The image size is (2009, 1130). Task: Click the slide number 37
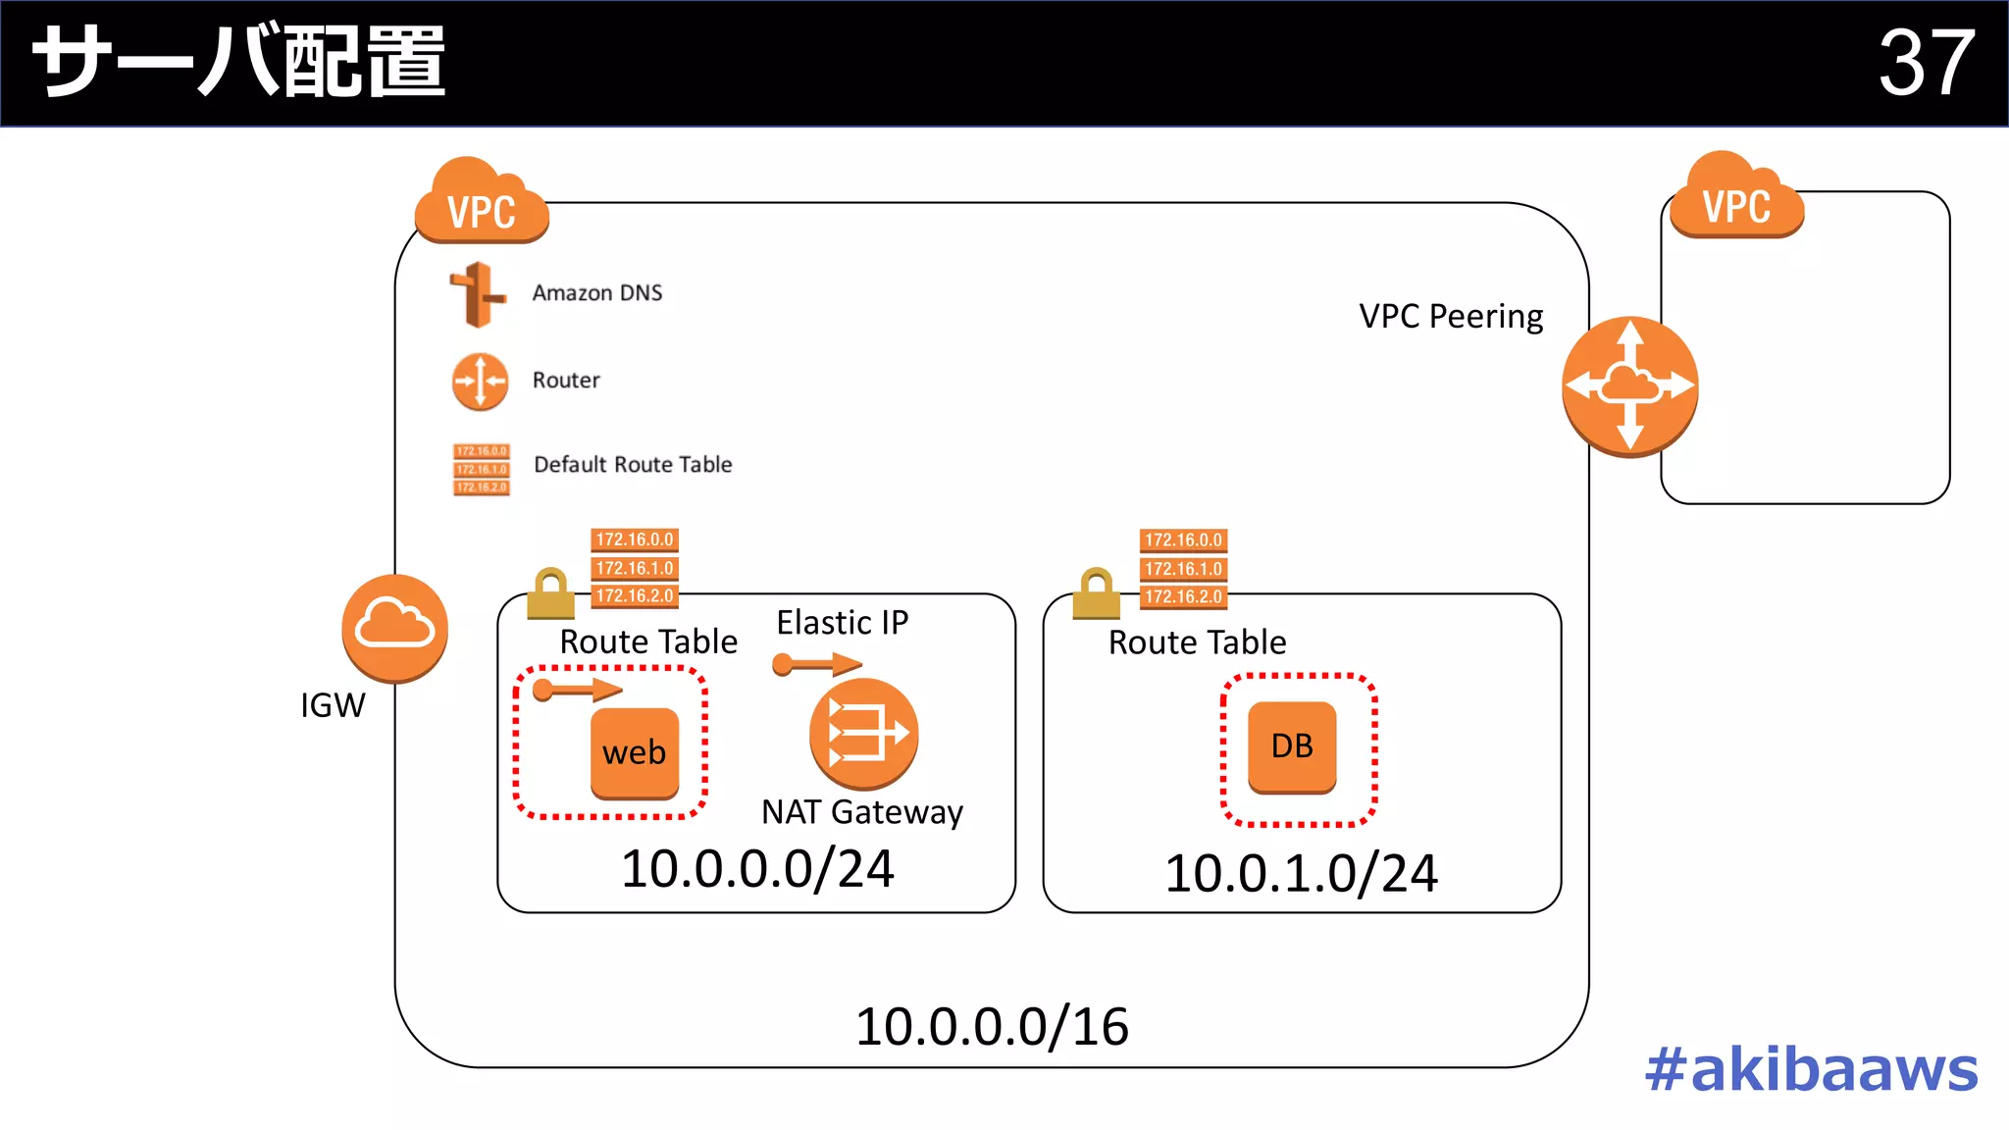pyautogui.click(x=1926, y=63)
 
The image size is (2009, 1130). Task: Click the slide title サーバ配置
pyautogui.click(x=239, y=63)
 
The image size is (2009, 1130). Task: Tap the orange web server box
pyautogui.click(x=635, y=752)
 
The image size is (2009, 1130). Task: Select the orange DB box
pyautogui.click(x=1292, y=746)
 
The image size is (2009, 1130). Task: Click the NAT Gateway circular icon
pyautogui.click(x=863, y=734)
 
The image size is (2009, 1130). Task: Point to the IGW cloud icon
pyautogui.click(x=394, y=628)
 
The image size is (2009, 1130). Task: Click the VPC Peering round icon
pyautogui.click(x=1629, y=386)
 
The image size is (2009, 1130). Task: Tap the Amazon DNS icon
pyautogui.click(x=478, y=293)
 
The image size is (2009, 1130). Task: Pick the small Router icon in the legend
pyautogui.click(x=480, y=381)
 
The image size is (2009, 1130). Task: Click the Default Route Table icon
pyautogui.click(x=481, y=469)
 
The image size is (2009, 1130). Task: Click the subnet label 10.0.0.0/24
pyautogui.click(x=757, y=869)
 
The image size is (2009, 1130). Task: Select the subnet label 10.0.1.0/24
pyautogui.click(x=1301, y=873)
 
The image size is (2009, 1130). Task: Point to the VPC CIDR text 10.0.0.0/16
pyautogui.click(x=992, y=1027)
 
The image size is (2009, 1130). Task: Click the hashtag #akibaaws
pyautogui.click(x=1811, y=1069)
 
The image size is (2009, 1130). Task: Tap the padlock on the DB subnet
pyautogui.click(x=1096, y=593)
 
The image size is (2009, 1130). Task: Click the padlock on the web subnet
pyautogui.click(x=550, y=593)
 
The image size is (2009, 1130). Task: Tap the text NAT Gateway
pyautogui.click(x=862, y=812)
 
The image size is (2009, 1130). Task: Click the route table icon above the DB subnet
pyautogui.click(x=1183, y=568)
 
